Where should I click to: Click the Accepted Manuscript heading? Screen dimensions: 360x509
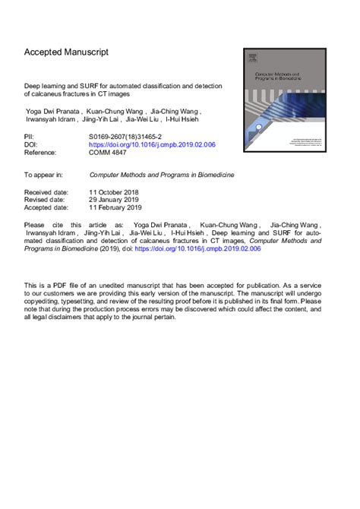point(66,52)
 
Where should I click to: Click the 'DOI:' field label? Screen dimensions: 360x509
point(32,143)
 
